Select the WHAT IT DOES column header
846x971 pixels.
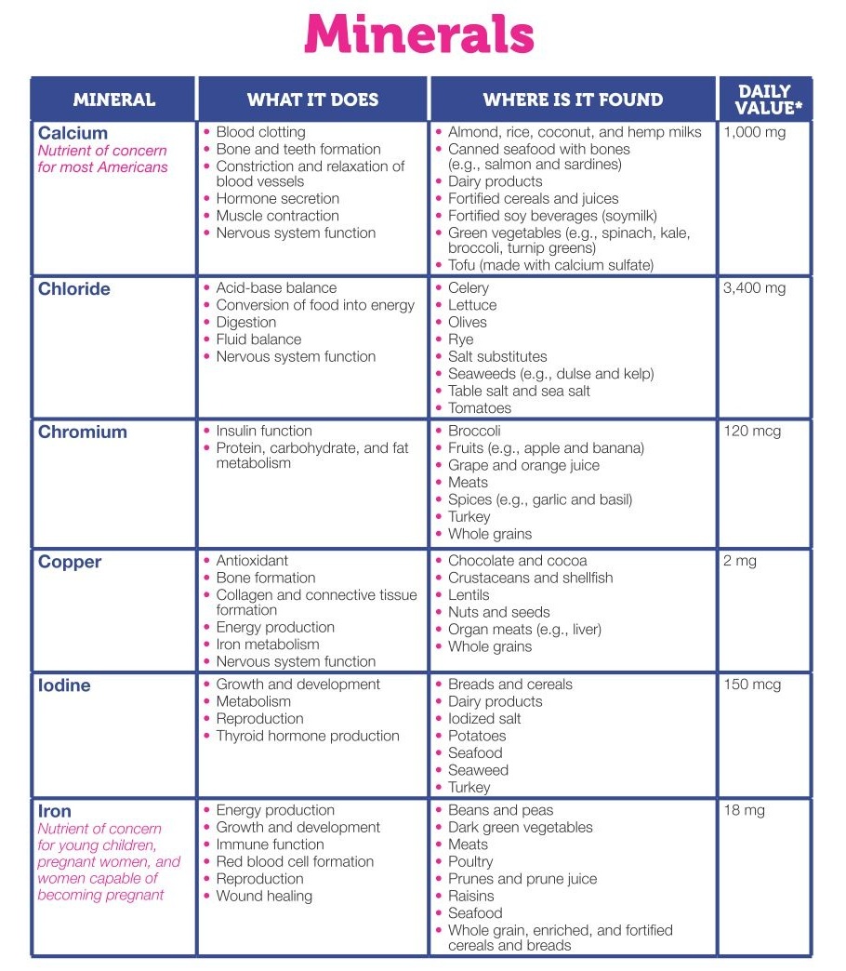pyautogui.click(x=312, y=100)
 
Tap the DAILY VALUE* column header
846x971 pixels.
pyautogui.click(x=764, y=100)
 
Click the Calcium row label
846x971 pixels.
pyautogui.click(x=73, y=133)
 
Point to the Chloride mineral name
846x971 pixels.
pyautogui.click(x=74, y=289)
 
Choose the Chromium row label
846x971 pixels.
pyautogui.click(x=83, y=432)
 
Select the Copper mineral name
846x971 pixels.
pyautogui.click(x=70, y=563)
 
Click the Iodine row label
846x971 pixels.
pyautogui.click(x=64, y=686)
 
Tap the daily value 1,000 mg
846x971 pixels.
pyautogui.click(x=754, y=132)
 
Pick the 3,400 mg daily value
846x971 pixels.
pyautogui.click(x=754, y=288)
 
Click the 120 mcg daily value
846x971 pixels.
pyautogui.click(x=752, y=432)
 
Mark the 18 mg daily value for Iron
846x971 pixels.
pyautogui.click(x=744, y=810)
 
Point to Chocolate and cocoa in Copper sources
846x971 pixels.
pyautogui.click(x=517, y=561)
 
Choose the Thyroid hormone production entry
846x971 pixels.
pyautogui.click(x=308, y=736)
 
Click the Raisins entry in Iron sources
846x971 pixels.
pyautogui.click(x=471, y=896)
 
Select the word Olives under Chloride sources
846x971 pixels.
pyautogui.click(x=468, y=322)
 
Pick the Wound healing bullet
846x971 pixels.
pyautogui.click(x=264, y=897)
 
